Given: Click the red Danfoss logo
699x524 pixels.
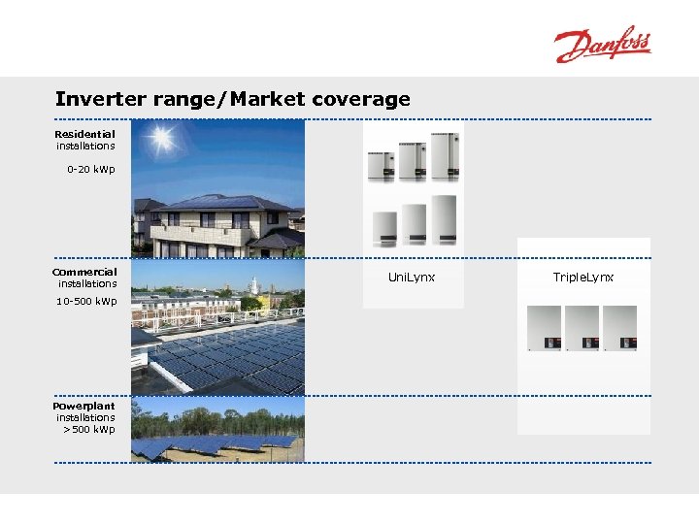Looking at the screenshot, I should [x=602, y=45].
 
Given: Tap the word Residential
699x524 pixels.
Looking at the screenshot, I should [x=84, y=134].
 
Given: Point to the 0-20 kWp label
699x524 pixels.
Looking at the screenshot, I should [x=90, y=169].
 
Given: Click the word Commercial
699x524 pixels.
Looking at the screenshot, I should [x=84, y=272].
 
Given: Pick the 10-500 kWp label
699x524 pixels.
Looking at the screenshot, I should [x=86, y=301].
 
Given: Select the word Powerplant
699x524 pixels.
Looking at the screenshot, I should [x=84, y=406].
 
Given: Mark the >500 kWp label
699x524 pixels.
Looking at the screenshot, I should [x=88, y=429].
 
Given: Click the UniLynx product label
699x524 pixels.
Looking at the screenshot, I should [x=412, y=278].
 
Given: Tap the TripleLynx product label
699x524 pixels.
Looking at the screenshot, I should [x=583, y=278].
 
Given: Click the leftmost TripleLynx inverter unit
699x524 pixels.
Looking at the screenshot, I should [x=544, y=328].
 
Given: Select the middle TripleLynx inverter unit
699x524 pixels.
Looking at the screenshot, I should [x=582, y=328].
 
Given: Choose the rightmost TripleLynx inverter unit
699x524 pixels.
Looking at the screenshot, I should [x=619, y=328].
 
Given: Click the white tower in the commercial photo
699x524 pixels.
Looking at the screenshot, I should [x=253, y=285].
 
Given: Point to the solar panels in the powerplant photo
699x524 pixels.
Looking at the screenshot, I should [x=214, y=446].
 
